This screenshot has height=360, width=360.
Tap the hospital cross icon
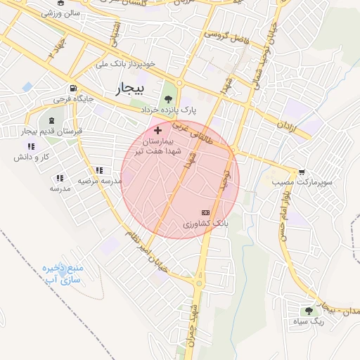(157, 130)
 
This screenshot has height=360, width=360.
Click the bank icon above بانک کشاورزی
(205, 212)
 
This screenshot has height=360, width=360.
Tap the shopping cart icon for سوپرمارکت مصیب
(302, 172)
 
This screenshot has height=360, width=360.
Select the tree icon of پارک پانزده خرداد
(168, 98)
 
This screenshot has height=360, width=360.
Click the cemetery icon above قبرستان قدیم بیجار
(51, 121)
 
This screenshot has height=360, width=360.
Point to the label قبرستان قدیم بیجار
(51, 131)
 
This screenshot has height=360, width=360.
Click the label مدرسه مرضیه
(100, 181)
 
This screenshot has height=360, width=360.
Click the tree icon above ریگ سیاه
(308, 311)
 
